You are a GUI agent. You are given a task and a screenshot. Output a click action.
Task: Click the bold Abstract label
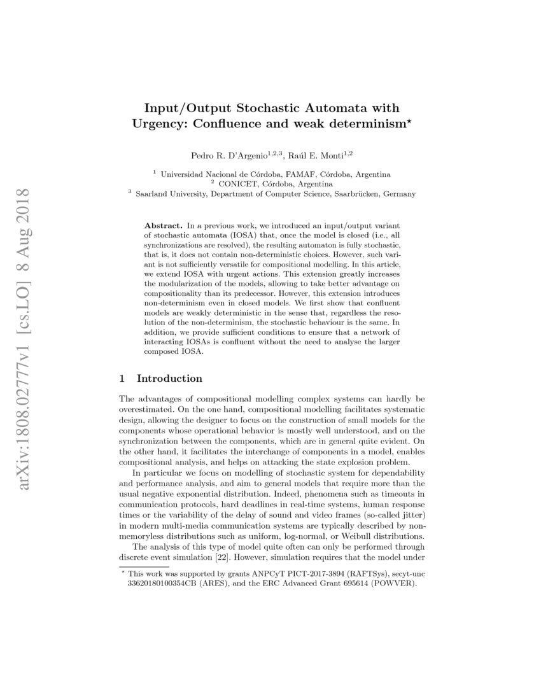(x=164, y=225)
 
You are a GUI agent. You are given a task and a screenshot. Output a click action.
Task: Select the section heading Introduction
(x=170, y=379)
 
